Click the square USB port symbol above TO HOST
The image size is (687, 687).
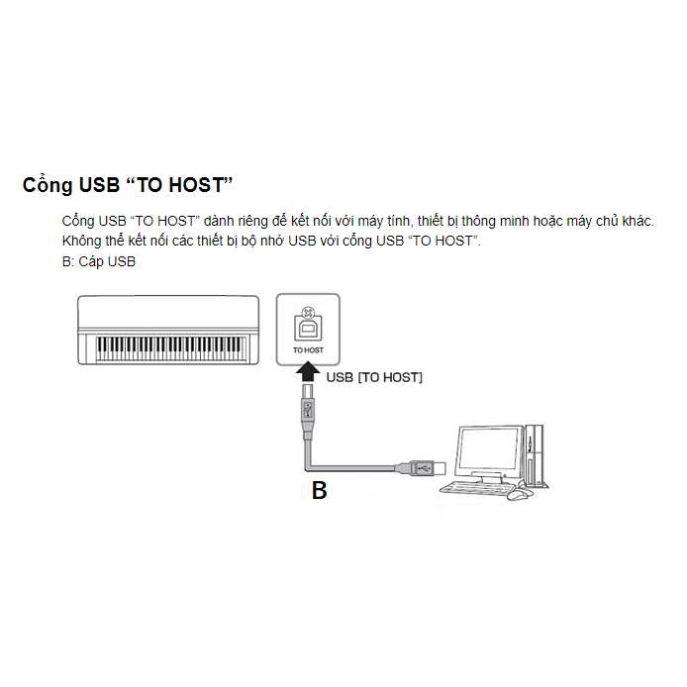(308, 328)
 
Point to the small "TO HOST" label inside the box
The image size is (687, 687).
(308, 350)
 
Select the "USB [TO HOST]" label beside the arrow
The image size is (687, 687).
(374, 377)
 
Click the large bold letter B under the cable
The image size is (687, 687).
(319, 490)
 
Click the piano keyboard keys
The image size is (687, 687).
(170, 347)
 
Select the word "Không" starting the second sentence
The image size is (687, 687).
(80, 242)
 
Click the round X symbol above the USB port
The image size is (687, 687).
(308, 307)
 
